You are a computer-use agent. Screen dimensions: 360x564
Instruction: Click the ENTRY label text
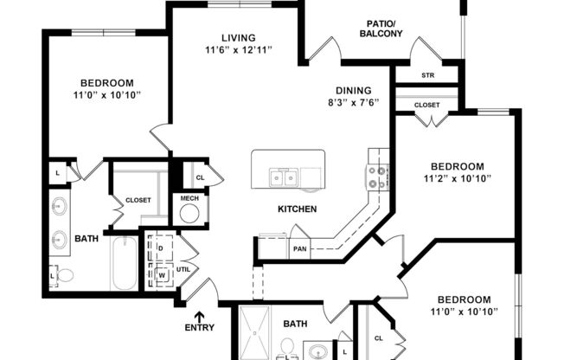(200, 328)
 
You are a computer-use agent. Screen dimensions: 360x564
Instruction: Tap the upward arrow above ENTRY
(200, 316)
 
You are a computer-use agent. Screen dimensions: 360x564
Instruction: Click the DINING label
(355, 90)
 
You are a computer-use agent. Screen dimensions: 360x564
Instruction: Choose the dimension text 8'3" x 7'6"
(355, 102)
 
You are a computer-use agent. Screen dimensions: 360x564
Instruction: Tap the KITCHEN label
(297, 209)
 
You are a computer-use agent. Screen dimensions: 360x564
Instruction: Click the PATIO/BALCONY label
(381, 28)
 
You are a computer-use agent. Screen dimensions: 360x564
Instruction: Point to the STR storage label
(427, 75)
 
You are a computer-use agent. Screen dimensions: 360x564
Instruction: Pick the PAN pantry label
(299, 248)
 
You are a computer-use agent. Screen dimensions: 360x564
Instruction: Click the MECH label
(189, 199)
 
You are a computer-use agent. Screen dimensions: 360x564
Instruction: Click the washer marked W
(161, 274)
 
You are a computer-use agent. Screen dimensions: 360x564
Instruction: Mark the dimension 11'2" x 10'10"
(458, 179)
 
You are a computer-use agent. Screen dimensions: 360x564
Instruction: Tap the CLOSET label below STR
(426, 105)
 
